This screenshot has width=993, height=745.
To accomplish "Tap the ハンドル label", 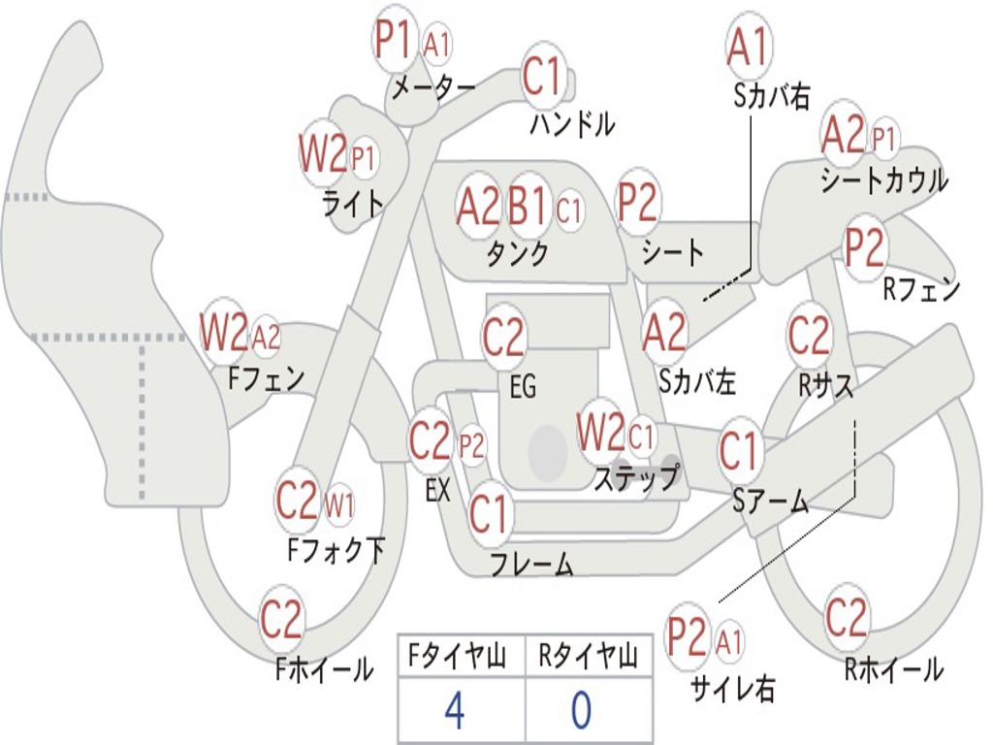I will click(572, 124).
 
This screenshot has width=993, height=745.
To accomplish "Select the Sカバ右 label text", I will click(772, 95).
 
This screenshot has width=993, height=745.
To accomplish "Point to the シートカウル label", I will click(883, 180).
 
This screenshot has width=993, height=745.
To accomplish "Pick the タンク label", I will click(517, 254).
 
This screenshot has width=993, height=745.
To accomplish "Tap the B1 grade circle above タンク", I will click(529, 206).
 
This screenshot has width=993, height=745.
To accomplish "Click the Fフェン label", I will click(266, 377).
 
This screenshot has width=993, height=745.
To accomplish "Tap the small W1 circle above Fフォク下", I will click(338, 504).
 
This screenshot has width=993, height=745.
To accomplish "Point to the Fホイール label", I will click(324, 669).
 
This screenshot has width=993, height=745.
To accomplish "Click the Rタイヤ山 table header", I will click(588, 658).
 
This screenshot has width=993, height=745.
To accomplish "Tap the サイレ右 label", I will click(732, 688).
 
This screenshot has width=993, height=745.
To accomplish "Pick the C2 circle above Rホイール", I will click(846, 618).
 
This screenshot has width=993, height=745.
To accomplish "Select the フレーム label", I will click(531, 564).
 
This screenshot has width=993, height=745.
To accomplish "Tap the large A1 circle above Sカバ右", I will click(748, 47).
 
